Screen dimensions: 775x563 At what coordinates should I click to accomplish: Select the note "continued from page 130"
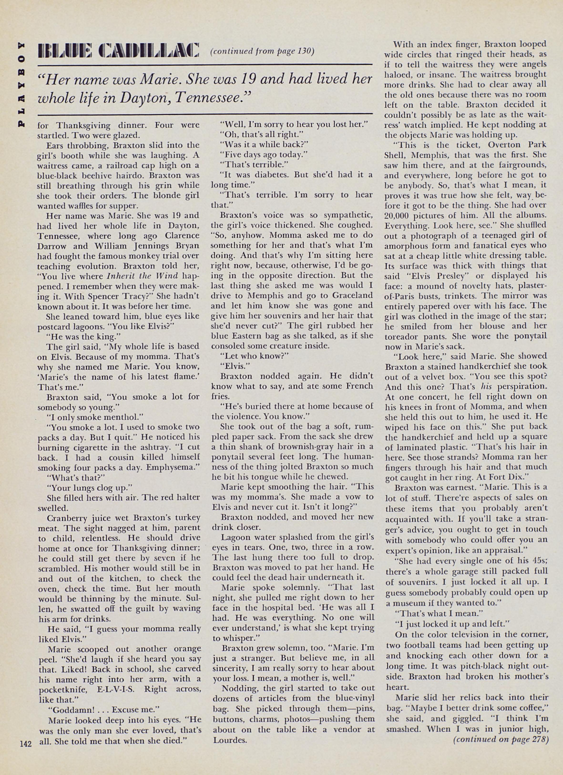(x=262, y=51)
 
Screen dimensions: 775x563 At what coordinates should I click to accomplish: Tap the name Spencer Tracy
(x=116, y=296)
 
